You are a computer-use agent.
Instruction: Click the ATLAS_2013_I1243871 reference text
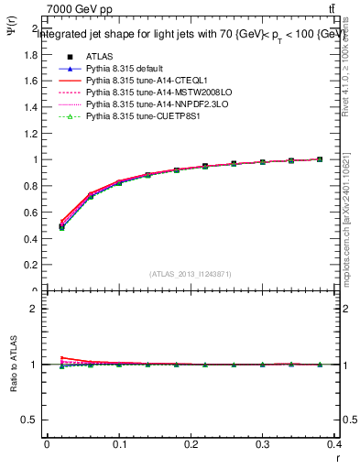[x=190, y=274]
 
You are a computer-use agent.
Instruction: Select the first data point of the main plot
[x=62, y=226]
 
